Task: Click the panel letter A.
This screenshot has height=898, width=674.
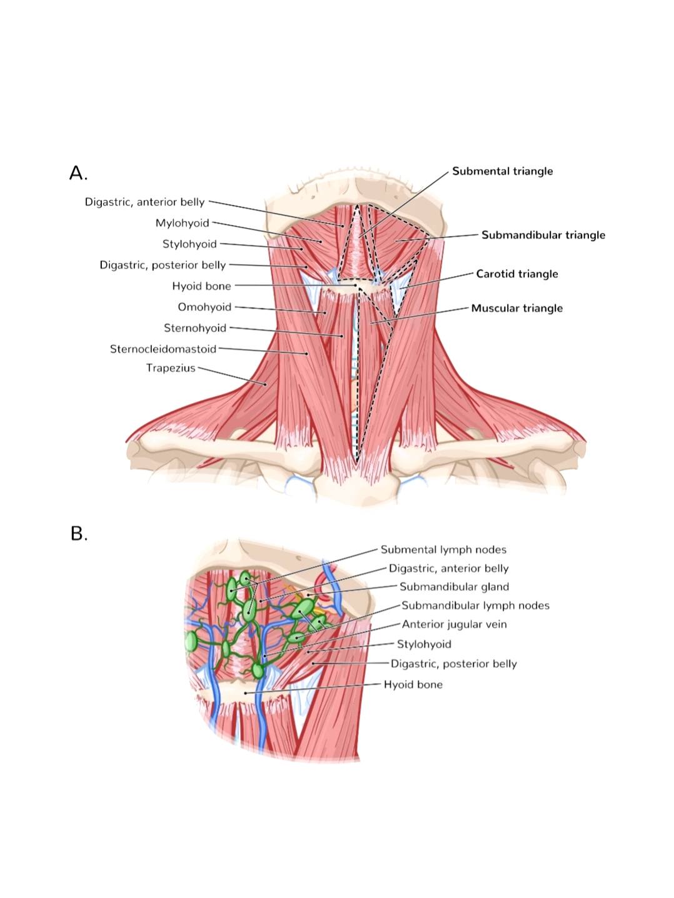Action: (79, 173)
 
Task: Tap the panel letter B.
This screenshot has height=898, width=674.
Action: (79, 534)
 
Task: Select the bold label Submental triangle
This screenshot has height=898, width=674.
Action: (502, 171)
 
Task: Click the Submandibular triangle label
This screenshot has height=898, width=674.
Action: (543, 235)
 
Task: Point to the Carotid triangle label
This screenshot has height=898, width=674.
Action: (517, 274)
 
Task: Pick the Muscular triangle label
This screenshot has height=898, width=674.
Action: (517, 308)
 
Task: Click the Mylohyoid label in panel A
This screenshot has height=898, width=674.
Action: (182, 223)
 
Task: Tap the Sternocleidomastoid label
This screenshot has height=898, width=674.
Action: (163, 349)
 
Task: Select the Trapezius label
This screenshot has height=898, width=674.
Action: (171, 368)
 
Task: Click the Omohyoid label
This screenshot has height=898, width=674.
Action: (204, 307)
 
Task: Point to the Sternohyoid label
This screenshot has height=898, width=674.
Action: (195, 328)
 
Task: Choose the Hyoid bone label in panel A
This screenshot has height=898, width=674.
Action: (201, 286)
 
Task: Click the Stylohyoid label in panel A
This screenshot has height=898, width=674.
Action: (189, 244)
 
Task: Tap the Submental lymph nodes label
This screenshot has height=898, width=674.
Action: (444, 549)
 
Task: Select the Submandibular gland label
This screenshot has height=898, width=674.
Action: (455, 587)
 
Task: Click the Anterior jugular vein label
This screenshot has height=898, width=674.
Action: (455, 624)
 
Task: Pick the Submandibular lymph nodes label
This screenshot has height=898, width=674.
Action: (476, 606)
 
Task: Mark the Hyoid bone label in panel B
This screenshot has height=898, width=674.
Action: (413, 684)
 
